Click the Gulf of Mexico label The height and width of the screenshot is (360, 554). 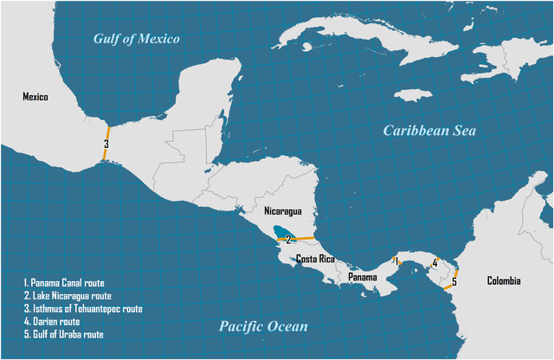point(137,38)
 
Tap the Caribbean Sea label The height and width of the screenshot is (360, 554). point(431,131)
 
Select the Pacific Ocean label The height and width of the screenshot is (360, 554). point(262,326)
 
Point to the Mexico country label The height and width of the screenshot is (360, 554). point(35,97)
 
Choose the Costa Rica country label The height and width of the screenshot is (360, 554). point(316,260)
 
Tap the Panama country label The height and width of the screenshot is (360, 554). point(362,277)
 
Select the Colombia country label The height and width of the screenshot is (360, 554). point(504,280)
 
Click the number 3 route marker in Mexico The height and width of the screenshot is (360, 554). point(106,145)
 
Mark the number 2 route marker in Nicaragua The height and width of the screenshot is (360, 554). point(288,238)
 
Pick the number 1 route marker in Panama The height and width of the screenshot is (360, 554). point(396,260)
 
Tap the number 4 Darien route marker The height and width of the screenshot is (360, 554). point(435,263)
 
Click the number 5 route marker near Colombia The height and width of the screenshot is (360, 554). point(454,282)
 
